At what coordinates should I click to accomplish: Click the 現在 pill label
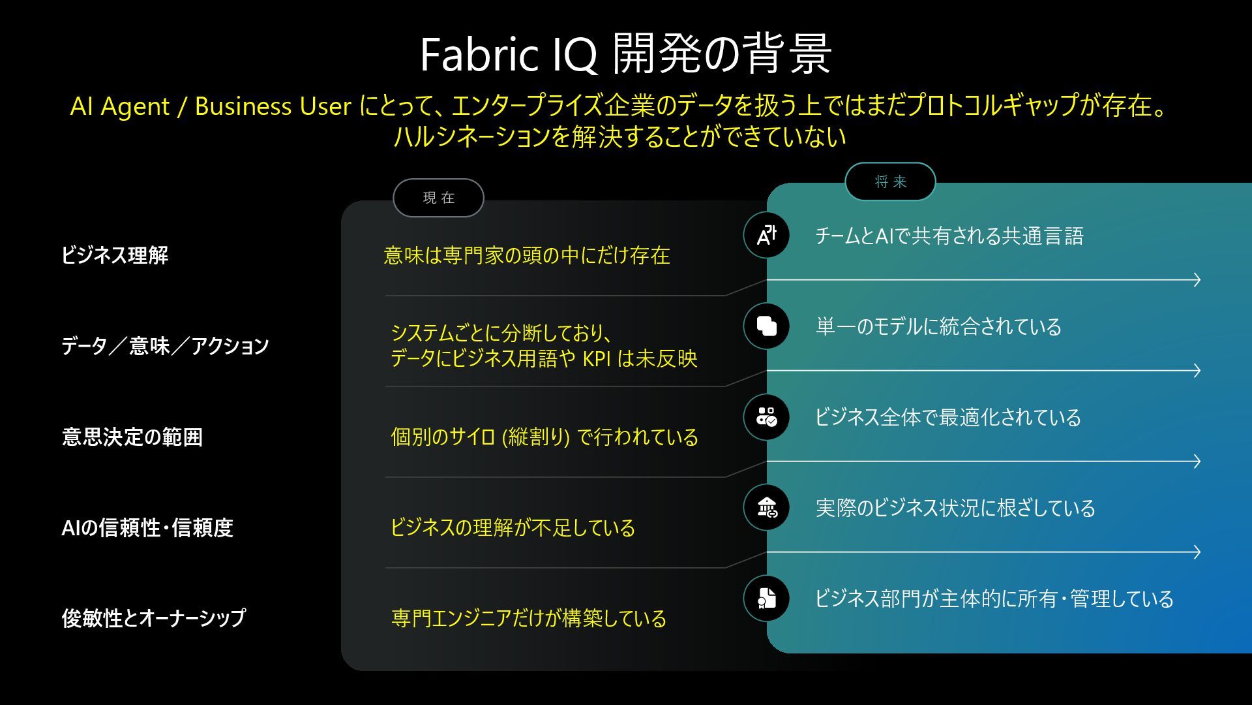coord(438,198)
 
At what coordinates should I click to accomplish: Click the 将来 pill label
coord(890,181)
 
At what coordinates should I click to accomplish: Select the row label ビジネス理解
coord(115,255)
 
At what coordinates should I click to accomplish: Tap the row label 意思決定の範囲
coord(132,436)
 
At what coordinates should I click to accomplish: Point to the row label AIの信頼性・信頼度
coord(147,527)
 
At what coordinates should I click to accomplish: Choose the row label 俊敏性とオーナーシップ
coord(154,618)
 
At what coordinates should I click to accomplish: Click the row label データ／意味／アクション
coord(165,345)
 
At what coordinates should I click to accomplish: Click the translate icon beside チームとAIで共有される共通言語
coord(766,235)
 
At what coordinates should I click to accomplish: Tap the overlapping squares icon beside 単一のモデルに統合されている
coord(766,326)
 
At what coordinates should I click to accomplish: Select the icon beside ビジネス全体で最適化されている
coord(766,416)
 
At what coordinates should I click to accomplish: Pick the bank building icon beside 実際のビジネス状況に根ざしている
coord(766,507)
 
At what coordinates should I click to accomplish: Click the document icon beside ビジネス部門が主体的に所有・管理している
coord(766,598)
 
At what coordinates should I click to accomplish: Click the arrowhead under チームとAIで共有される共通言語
coord(1196,280)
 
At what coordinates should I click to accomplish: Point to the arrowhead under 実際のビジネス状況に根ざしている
coord(1196,552)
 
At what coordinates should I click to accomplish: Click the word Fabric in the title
coord(479,54)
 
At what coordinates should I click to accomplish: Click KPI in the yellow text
coord(596,359)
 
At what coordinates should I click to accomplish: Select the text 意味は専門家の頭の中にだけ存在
coord(526,255)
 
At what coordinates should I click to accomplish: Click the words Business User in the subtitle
coord(273,106)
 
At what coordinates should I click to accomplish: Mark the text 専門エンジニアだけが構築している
coord(528,618)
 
